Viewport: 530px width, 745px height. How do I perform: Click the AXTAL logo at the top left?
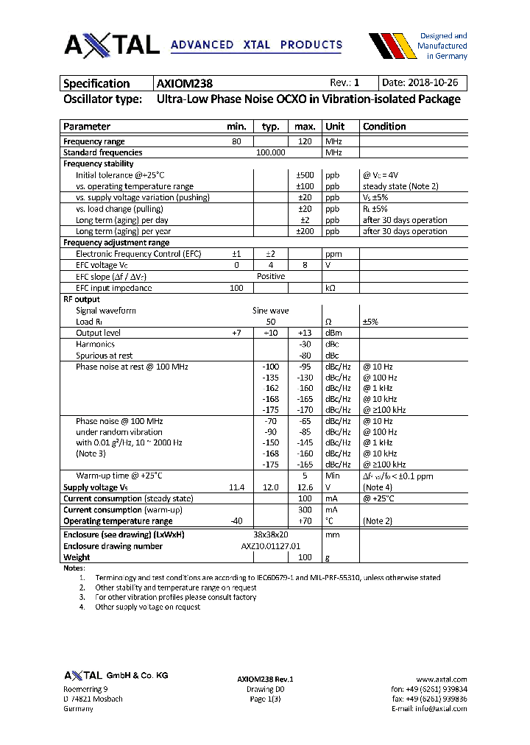click(x=112, y=45)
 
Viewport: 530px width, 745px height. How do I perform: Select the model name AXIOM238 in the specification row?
click(x=185, y=83)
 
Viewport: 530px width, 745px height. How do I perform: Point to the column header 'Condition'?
click(x=384, y=127)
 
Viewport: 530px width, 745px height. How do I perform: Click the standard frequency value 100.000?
click(x=270, y=152)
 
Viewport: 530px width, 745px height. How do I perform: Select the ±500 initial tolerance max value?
click(x=305, y=175)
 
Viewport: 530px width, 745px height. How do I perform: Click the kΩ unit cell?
click(x=331, y=288)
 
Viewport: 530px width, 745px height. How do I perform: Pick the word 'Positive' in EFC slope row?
click(x=270, y=276)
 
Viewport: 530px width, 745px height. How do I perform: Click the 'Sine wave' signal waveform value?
click(x=270, y=311)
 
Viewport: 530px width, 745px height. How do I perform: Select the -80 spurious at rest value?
click(x=305, y=356)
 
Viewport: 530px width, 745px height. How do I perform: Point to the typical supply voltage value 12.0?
click(x=270, y=487)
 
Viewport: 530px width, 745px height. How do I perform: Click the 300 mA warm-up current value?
click(x=305, y=509)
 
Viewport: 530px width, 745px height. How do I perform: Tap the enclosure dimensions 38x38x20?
click(x=270, y=535)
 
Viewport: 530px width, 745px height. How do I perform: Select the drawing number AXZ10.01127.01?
click(x=271, y=546)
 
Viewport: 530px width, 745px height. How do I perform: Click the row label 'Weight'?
click(x=77, y=557)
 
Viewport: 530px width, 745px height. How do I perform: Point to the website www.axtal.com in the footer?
click(x=442, y=679)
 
